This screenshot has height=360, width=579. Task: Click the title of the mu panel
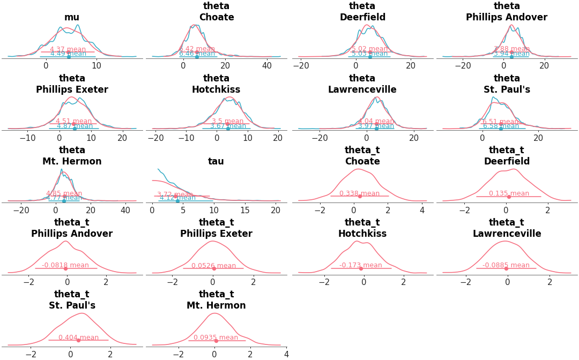coord(72,17)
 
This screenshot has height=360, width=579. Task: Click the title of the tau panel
coord(216,161)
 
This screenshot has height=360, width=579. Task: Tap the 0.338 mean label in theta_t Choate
coord(359,193)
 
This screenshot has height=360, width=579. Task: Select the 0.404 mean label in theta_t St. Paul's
coord(78,337)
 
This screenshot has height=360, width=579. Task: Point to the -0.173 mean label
coord(360,265)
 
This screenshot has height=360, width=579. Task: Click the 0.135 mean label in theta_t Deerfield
coord(509,193)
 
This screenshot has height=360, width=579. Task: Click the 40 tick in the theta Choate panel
coord(267,65)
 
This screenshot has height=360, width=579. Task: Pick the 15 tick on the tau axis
coord(245,210)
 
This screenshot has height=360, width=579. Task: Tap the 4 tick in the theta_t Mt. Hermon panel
coord(286,354)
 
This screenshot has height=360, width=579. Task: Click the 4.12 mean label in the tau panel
coord(177,198)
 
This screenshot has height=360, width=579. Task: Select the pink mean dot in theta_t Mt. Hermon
coord(216,340)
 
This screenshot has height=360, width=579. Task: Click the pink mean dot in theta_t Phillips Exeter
coord(213,268)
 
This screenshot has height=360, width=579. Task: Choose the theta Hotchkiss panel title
coord(216,84)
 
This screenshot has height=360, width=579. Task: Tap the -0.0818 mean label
coord(65,265)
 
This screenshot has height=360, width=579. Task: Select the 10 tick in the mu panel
coord(96,65)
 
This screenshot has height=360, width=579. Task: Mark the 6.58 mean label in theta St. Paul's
coord(501,126)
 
